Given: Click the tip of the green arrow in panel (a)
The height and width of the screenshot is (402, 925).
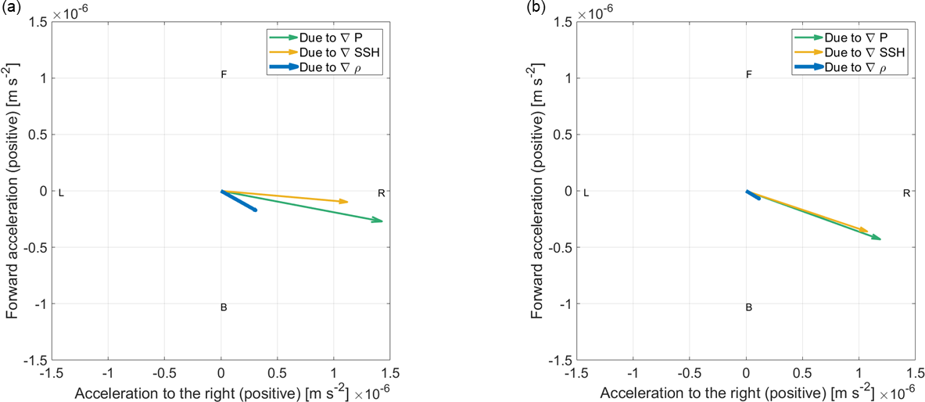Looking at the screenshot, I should (382, 221).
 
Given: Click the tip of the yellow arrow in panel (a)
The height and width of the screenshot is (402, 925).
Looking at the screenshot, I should (348, 202).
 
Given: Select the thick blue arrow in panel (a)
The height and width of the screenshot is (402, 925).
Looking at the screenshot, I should (238, 200).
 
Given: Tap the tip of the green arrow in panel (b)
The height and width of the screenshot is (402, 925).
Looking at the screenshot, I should (880, 239).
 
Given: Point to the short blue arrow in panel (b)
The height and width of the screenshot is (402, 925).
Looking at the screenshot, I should (752, 195).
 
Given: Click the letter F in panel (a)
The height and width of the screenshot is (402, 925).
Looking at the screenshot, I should (224, 75).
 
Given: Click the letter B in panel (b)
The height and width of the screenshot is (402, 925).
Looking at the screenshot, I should (748, 307).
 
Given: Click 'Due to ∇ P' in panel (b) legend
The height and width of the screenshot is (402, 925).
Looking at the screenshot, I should (858, 37).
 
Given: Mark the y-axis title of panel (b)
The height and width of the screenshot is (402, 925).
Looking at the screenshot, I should (540, 192).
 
